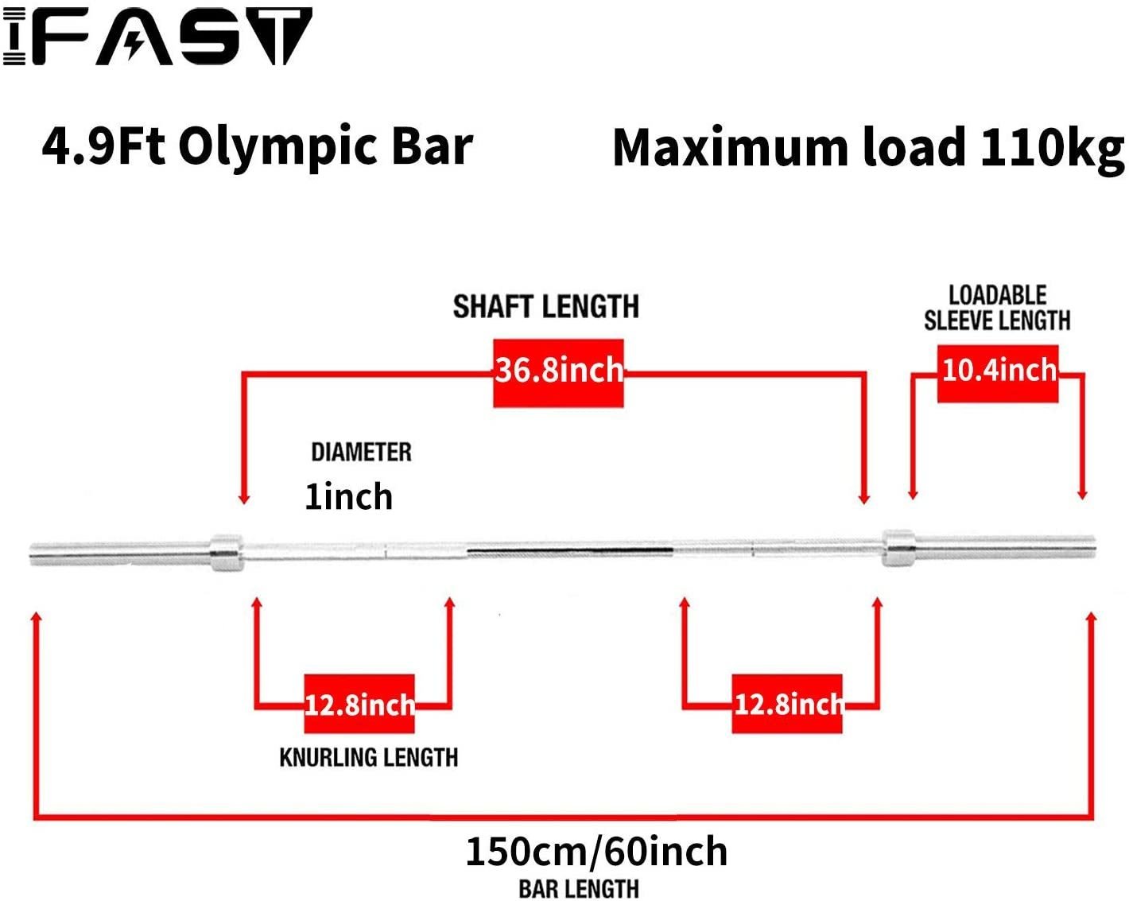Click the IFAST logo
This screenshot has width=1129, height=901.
pyautogui.click(x=157, y=36)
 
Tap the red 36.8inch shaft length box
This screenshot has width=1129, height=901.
pyautogui.click(x=559, y=373)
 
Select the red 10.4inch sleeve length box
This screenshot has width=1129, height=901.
pyautogui.click(x=998, y=374)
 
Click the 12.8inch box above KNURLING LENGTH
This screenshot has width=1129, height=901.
pyautogui.click(x=359, y=704)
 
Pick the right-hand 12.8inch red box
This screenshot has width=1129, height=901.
pyautogui.click(x=787, y=704)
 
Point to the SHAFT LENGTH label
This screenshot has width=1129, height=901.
pyautogui.click(x=546, y=306)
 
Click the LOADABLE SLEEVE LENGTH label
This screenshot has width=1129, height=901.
pyautogui.click(x=997, y=308)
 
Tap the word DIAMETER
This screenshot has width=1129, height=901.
pyautogui.click(x=362, y=452)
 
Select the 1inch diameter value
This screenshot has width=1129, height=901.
pyautogui.click(x=349, y=496)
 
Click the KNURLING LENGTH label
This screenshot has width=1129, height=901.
pyautogui.click(x=369, y=757)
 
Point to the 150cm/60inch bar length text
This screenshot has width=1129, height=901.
pyautogui.click(x=596, y=851)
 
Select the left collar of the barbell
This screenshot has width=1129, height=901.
pyautogui.click(x=227, y=553)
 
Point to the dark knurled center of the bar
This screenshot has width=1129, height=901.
pyautogui.click(x=570, y=551)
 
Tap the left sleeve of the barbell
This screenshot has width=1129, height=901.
pyautogui.click(x=120, y=553)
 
